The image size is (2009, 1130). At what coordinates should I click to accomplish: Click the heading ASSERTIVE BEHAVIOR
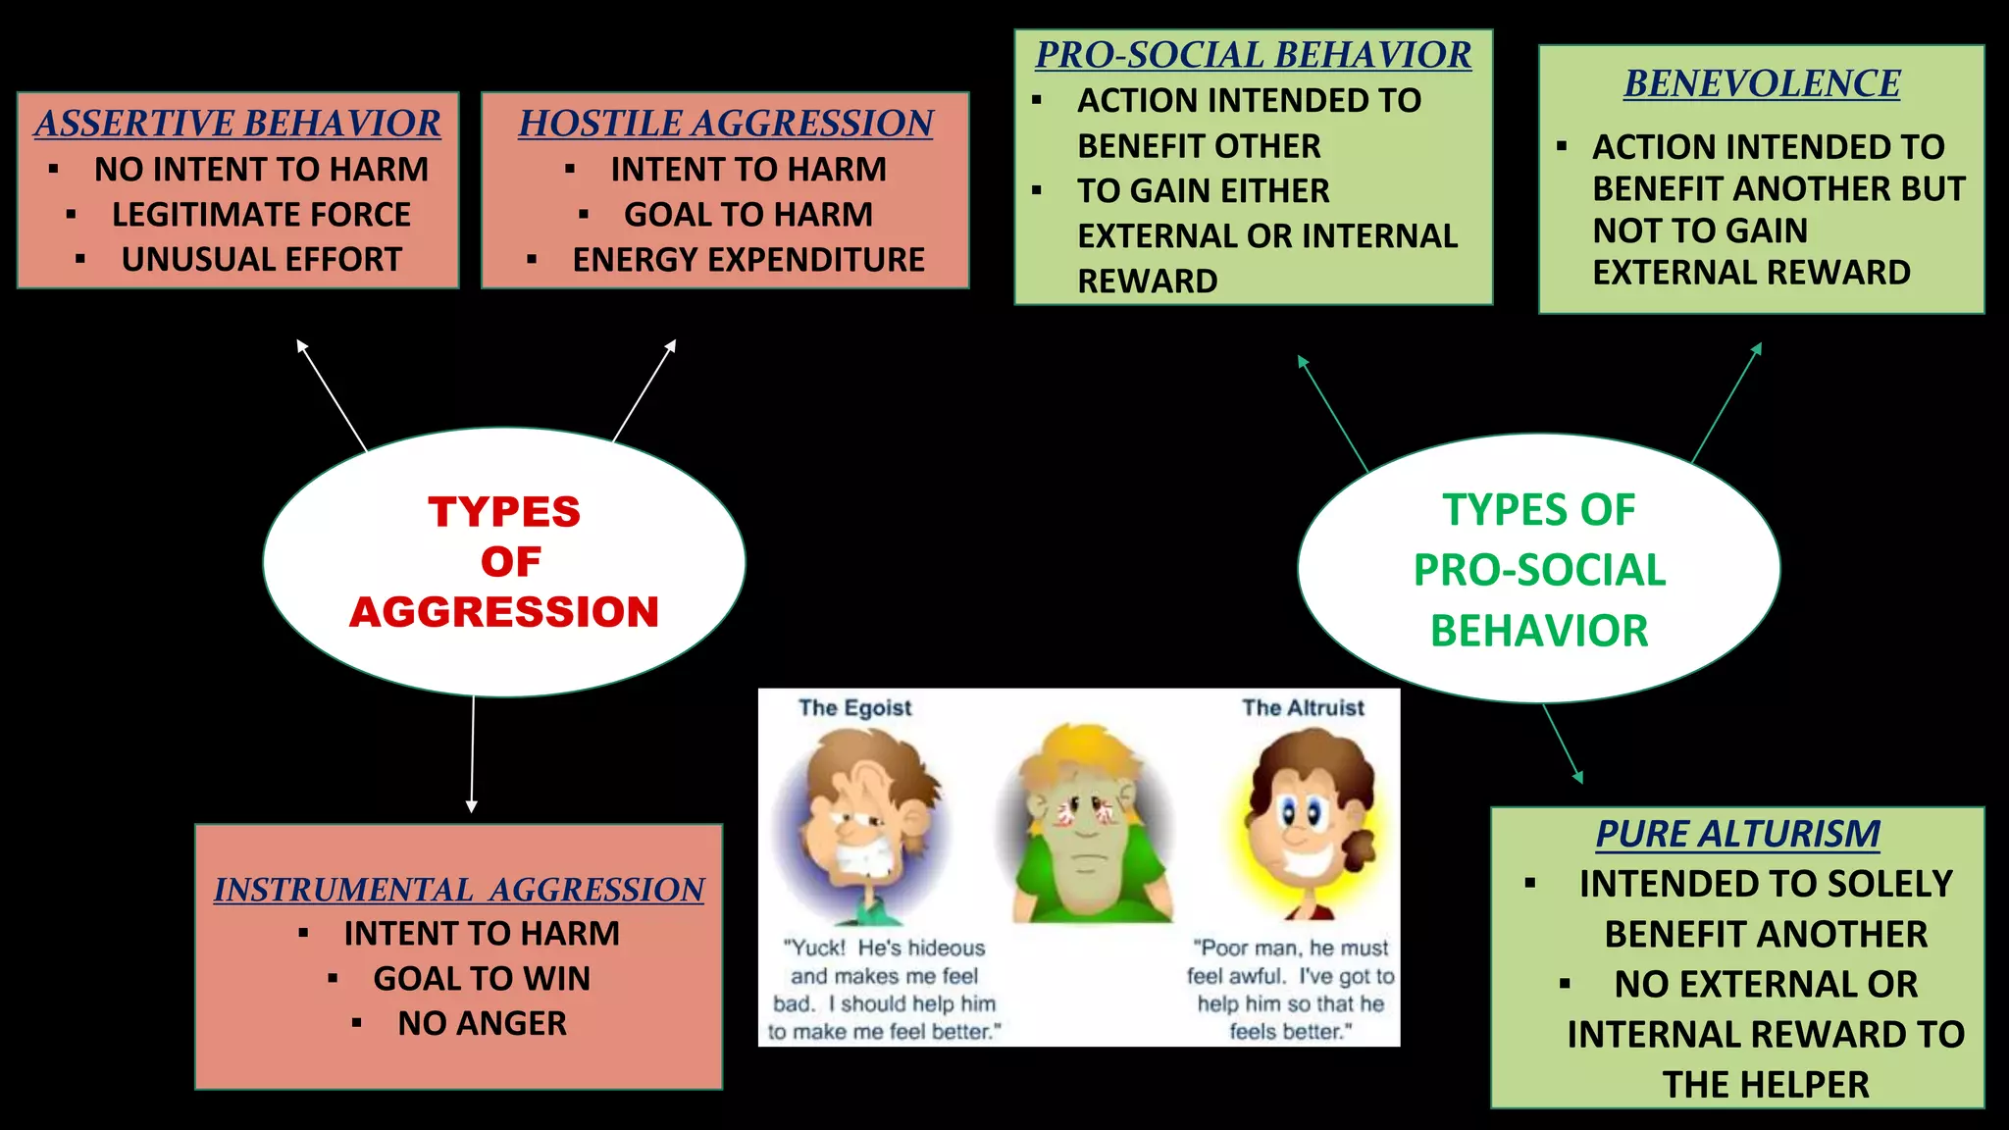coord(237,124)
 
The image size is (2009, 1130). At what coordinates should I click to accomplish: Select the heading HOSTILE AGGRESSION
coord(725,124)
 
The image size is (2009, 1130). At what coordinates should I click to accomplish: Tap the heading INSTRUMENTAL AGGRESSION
coord(458,890)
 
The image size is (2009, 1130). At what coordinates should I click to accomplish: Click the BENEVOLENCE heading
coord(1761,83)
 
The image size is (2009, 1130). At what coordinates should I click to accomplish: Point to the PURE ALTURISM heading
coord(1736,834)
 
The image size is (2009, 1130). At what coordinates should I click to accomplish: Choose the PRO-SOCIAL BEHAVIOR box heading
coord(1253,55)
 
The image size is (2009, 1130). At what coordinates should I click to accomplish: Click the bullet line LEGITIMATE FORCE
coord(261,215)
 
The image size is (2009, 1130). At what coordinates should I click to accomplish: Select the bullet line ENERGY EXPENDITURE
coord(747,260)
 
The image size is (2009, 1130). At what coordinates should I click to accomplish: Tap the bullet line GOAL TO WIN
coord(482,979)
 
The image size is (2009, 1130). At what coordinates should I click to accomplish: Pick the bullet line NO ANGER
coord(482,1024)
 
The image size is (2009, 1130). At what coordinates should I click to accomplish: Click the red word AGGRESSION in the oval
coord(504,612)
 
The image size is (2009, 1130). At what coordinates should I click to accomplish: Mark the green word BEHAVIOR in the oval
coord(1538,631)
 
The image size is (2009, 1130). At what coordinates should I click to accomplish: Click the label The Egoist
coord(854,708)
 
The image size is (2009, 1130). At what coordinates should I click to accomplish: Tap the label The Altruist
coord(1303,708)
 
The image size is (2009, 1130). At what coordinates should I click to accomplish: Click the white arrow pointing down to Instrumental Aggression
coord(472,755)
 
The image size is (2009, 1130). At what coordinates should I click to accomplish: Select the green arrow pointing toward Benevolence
coord(1726,402)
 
